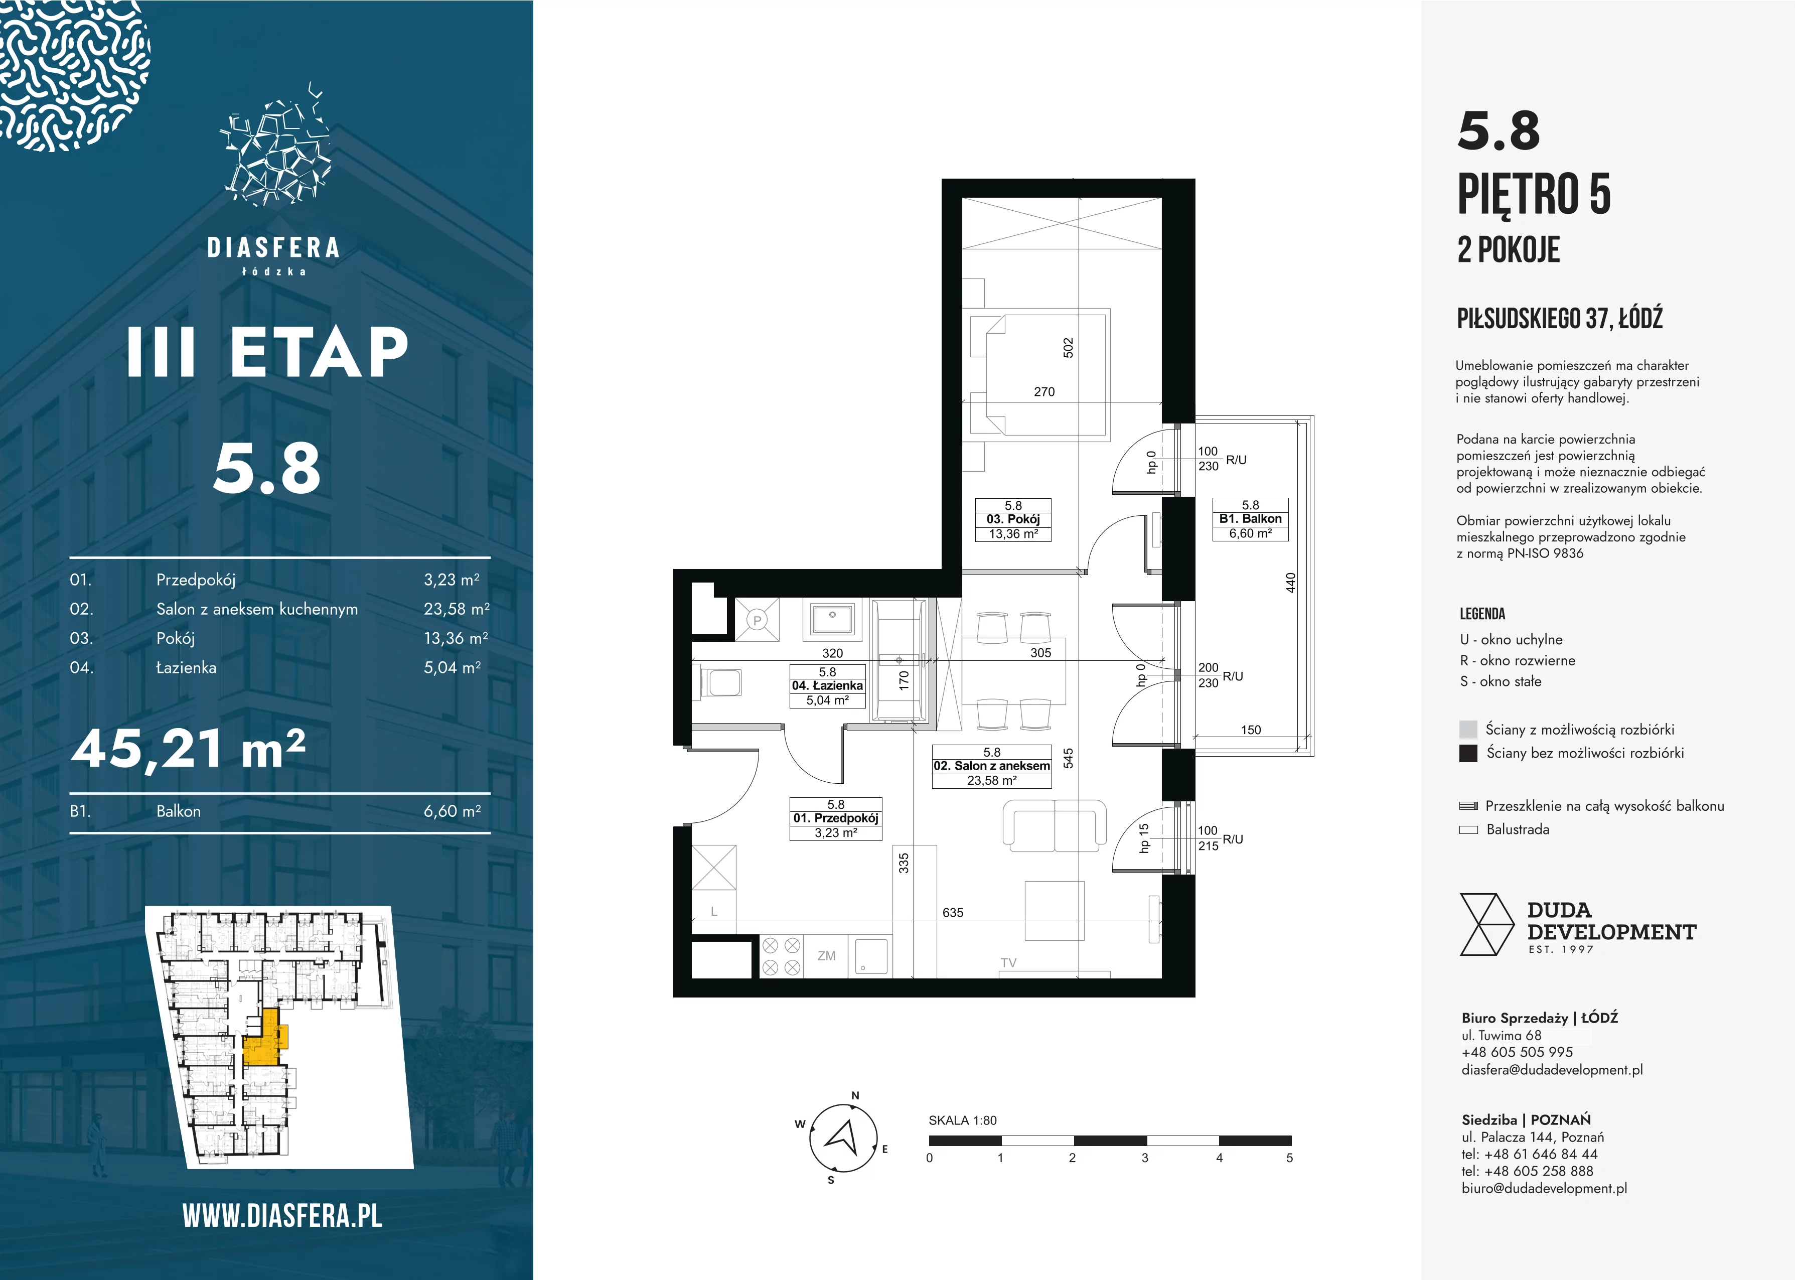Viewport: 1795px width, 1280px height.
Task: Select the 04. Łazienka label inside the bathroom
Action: coord(827,686)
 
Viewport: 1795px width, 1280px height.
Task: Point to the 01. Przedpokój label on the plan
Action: coord(835,818)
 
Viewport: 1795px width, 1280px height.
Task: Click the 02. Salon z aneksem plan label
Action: coord(991,765)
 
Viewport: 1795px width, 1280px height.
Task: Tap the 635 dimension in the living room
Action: coord(953,913)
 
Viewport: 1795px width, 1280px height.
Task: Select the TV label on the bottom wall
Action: coord(1008,962)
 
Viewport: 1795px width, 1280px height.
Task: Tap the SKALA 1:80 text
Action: coord(963,1120)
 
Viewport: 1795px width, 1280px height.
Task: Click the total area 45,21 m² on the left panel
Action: coord(188,748)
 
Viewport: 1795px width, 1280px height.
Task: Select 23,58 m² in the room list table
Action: coord(456,609)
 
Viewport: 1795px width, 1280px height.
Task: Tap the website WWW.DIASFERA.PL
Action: coord(282,1216)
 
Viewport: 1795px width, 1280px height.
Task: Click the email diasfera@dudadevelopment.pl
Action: coord(1552,1070)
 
